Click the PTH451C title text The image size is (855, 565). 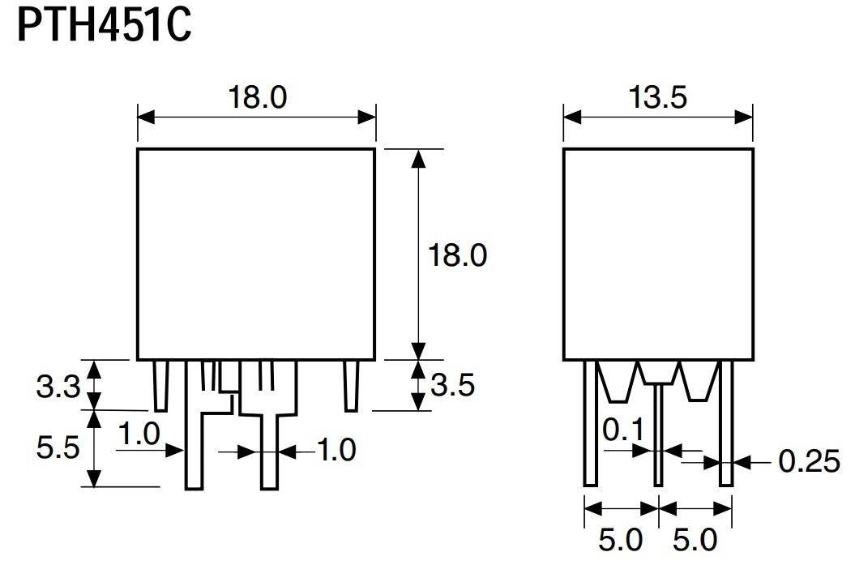click(x=105, y=25)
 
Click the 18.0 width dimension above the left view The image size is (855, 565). click(x=258, y=97)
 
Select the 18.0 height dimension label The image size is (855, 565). click(x=457, y=255)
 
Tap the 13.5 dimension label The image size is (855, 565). click(x=657, y=97)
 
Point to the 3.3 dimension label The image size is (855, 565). click(x=58, y=387)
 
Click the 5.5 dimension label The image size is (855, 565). click(x=58, y=447)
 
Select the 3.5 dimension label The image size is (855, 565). click(x=452, y=385)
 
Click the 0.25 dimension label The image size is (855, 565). click(x=809, y=461)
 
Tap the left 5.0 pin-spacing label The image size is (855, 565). click(x=621, y=540)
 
